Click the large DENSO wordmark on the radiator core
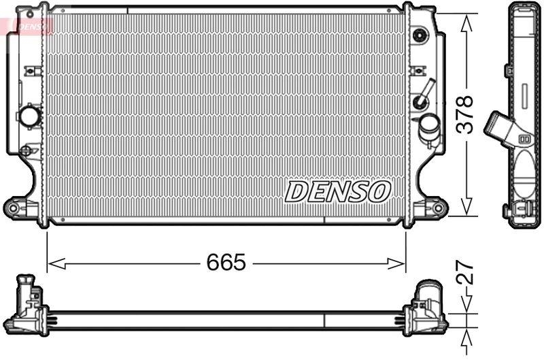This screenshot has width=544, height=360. point(337,192)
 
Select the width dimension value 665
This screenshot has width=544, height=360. point(227,263)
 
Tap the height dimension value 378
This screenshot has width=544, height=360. point(465,115)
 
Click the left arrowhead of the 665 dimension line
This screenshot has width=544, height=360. point(53,263)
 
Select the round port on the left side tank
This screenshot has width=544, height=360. point(30,116)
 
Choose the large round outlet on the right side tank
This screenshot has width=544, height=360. point(429,125)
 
